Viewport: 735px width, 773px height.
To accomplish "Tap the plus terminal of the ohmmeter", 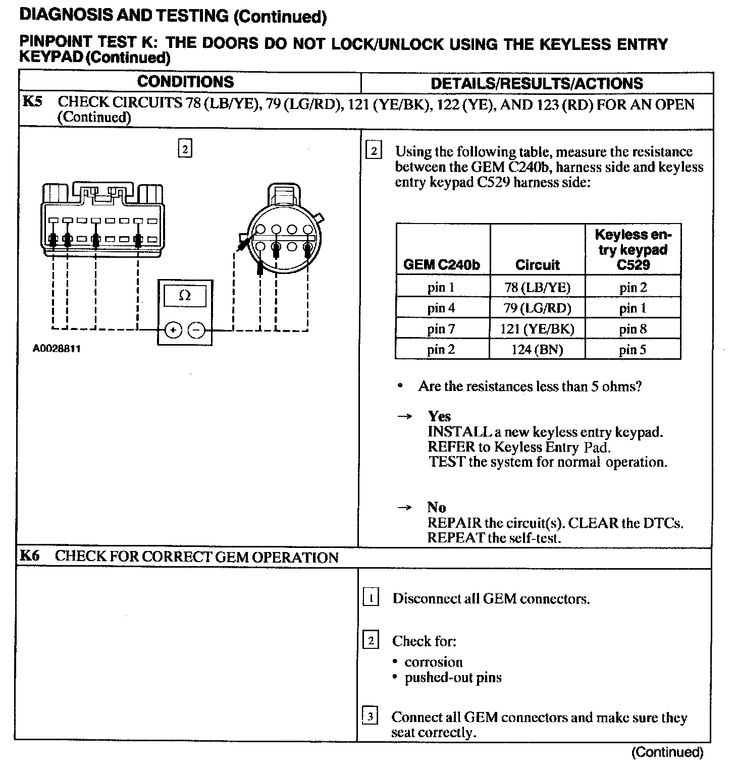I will point(173,330).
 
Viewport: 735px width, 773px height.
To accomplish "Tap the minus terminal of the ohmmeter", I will point(197,330).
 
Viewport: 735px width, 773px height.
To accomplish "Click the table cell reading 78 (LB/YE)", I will point(537,288).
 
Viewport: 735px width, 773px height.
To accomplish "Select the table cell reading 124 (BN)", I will point(537,349).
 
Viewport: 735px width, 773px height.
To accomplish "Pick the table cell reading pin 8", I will point(633,329).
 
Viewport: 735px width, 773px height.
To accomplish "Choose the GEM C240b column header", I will point(442,264).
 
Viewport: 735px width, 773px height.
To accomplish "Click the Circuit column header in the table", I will point(537,264).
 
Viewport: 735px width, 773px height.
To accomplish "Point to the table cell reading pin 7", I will point(441,329).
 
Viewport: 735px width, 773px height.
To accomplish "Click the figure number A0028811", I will point(57,349).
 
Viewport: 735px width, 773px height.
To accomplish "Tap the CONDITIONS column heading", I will point(185,82).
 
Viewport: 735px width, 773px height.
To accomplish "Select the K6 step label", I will point(29,556).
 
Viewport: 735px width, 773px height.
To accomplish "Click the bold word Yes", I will point(439,416).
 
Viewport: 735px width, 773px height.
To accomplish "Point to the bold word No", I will point(436,507).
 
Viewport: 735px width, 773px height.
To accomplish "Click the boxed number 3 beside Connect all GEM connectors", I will point(371,716).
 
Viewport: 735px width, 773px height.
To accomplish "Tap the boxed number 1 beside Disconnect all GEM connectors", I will point(371,598).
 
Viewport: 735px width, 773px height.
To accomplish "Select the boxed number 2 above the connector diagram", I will point(185,149).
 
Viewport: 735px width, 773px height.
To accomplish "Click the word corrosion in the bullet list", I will point(433,662).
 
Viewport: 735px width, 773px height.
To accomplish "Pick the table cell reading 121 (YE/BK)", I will point(537,329).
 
